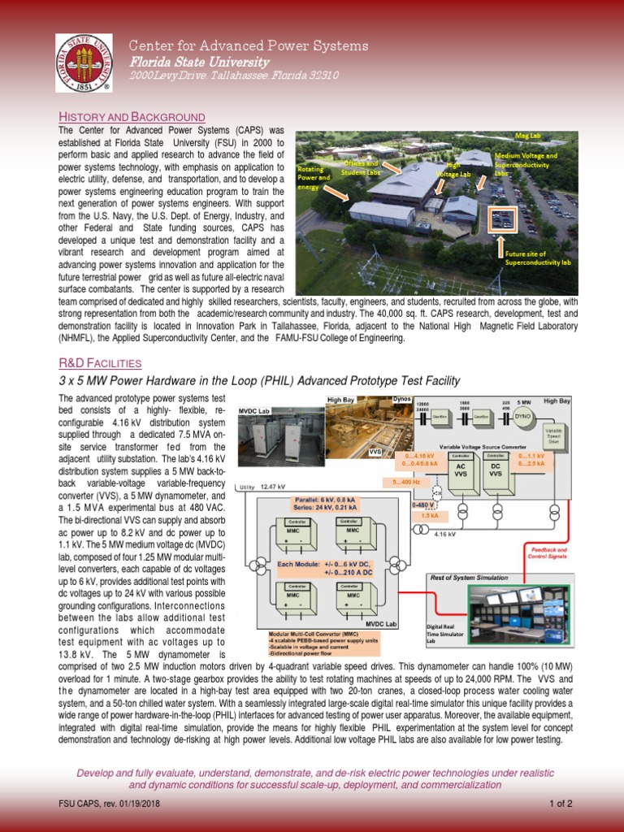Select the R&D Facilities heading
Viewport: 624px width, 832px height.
coord(101,362)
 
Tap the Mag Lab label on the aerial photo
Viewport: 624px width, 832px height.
coord(527,135)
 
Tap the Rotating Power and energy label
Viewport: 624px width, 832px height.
coord(314,176)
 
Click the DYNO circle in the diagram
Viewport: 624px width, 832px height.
coord(524,416)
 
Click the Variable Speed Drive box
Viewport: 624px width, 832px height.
coord(553,435)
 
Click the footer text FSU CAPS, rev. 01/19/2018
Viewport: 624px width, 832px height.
coord(109,804)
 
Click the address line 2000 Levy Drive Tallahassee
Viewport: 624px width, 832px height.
coord(234,76)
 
